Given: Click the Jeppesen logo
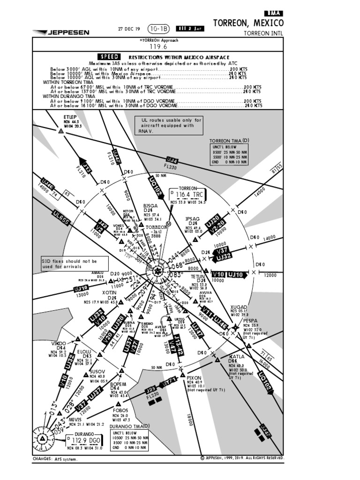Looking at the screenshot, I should pos(61,32).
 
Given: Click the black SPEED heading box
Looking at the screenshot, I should pos(108,56).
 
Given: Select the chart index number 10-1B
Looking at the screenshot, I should pos(158,29).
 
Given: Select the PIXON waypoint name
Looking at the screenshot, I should pos(194,377).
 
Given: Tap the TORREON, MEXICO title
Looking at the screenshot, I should pos(248,23).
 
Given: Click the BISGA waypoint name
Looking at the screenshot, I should pos(150,205).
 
